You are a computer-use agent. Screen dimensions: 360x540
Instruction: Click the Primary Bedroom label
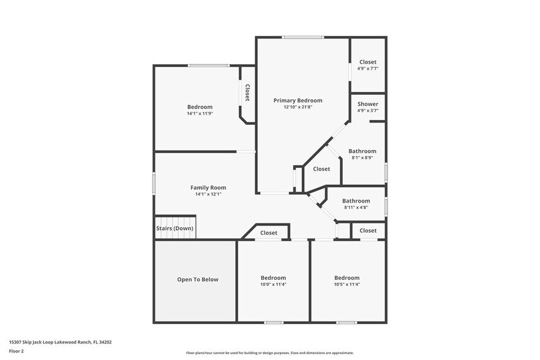point(298,100)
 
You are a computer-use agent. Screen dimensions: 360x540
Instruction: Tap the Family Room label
point(208,187)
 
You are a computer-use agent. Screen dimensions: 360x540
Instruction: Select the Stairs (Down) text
point(174,228)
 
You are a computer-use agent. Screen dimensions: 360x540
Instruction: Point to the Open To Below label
point(197,279)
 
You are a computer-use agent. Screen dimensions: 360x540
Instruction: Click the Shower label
point(368,104)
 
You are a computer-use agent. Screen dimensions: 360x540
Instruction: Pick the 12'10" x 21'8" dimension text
point(298,107)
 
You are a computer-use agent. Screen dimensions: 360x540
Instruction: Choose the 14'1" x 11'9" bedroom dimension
point(200,113)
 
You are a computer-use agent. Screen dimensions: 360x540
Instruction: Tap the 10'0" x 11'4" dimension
point(273,284)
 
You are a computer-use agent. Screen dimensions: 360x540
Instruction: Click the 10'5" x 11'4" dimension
point(347,284)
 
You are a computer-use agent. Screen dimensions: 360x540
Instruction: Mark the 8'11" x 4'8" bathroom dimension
point(356,207)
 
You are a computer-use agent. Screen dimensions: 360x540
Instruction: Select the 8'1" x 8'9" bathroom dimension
point(362,157)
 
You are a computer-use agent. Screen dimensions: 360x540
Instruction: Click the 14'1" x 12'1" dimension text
point(208,194)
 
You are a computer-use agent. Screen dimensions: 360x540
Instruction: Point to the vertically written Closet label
point(247,93)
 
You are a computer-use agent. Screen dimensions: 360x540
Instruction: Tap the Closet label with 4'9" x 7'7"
point(368,62)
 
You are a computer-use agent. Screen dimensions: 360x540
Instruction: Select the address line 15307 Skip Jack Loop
point(60,342)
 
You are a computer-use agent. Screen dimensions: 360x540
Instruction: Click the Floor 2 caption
point(17,351)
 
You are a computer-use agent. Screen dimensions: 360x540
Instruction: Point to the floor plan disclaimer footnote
point(270,353)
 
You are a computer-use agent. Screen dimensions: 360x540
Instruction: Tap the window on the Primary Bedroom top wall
point(303,37)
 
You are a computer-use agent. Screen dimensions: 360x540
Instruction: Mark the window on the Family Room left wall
point(154,184)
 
